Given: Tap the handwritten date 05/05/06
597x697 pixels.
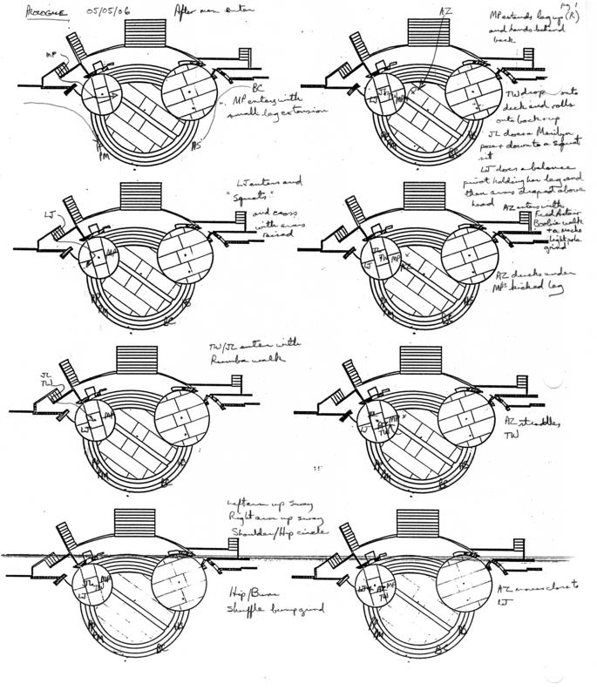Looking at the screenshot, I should (108, 10).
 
